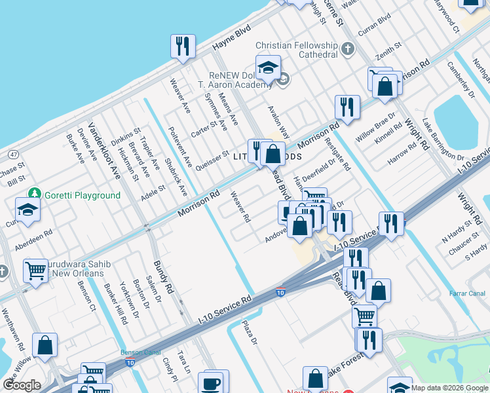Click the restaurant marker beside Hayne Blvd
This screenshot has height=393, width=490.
[181, 46]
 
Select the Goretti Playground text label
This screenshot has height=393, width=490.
[83, 195]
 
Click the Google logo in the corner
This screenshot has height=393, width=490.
[22, 385]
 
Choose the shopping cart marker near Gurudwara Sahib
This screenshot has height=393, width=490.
[35, 271]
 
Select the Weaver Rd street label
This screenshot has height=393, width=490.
[240, 206]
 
